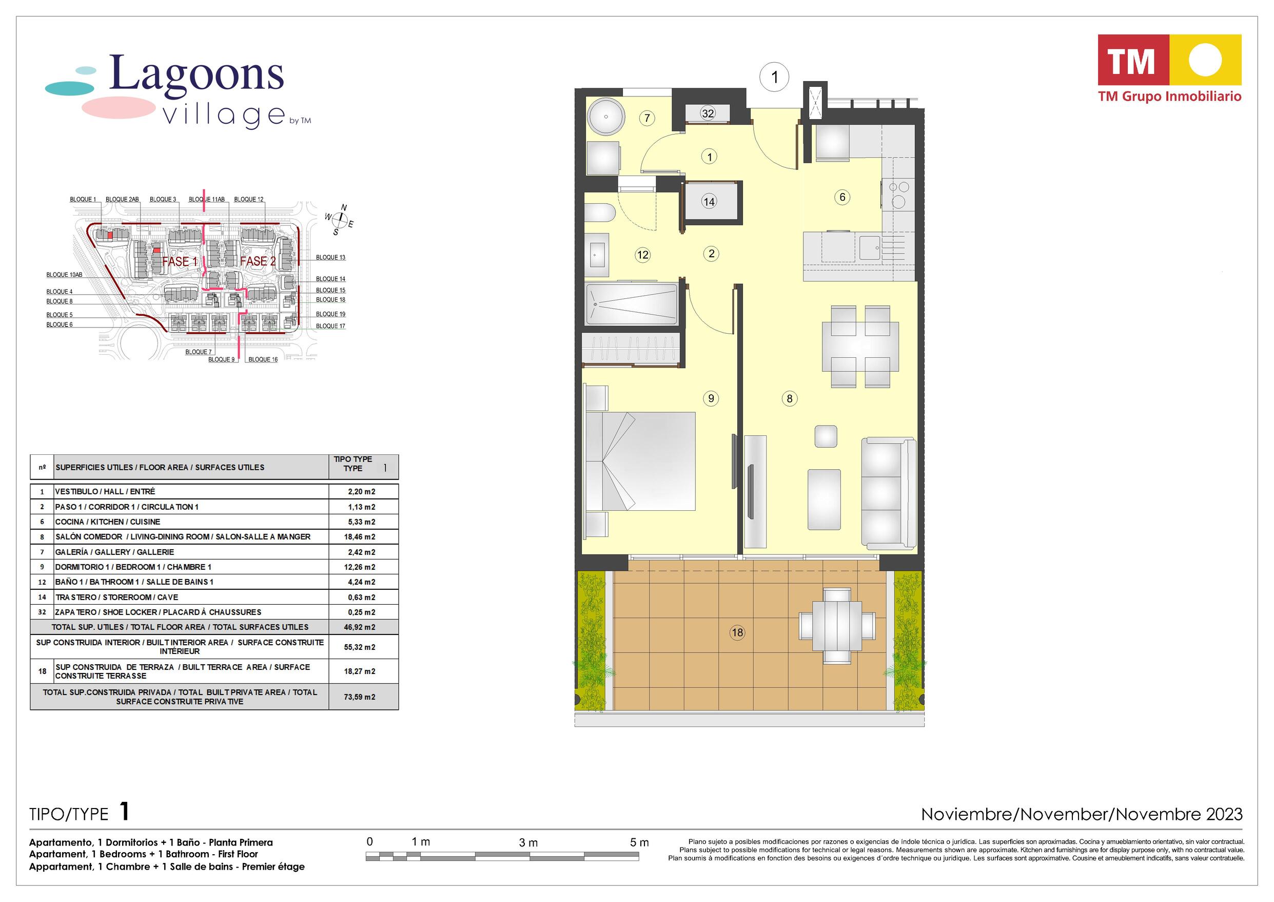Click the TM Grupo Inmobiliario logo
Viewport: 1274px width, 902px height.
point(1170,69)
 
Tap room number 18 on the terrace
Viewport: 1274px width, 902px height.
point(737,632)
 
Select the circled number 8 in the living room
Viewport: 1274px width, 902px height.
point(789,398)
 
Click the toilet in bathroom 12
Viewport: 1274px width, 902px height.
point(599,213)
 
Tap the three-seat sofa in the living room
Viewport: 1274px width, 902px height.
point(888,494)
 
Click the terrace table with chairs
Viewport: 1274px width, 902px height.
point(837,626)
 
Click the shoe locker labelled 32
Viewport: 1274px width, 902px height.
point(708,113)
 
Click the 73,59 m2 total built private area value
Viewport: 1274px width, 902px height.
point(360,697)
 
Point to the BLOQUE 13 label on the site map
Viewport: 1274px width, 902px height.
point(331,257)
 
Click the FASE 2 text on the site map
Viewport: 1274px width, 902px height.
point(258,261)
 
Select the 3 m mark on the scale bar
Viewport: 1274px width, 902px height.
point(528,842)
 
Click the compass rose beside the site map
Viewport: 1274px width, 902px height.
point(340,222)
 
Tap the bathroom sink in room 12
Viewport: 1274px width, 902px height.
point(598,255)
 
